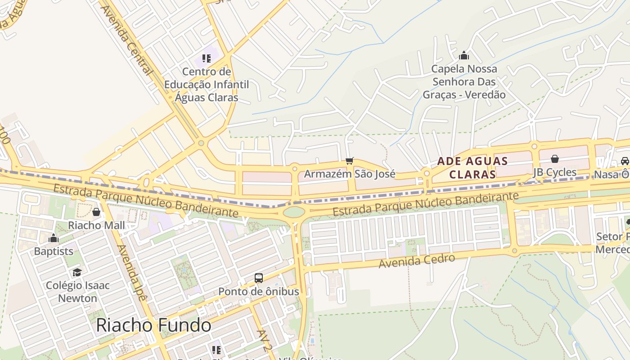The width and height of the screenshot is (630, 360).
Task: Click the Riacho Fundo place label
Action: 153,325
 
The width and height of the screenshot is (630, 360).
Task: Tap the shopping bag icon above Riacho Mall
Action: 96,212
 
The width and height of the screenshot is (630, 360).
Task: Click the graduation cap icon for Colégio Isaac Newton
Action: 77,272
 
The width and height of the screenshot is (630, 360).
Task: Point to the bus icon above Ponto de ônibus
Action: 259,278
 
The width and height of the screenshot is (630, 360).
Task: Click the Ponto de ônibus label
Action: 258,292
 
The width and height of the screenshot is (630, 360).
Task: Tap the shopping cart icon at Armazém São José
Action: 350,161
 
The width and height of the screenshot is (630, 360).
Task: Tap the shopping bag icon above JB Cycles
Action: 555,159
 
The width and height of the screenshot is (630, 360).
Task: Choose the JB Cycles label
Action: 554,172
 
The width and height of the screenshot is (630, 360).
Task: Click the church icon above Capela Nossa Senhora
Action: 464,55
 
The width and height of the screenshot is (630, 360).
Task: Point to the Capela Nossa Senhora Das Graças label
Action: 464,82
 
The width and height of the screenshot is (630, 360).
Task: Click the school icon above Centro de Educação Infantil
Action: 207,58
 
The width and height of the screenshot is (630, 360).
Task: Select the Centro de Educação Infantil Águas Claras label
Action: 207,85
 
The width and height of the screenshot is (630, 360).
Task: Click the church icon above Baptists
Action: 54,238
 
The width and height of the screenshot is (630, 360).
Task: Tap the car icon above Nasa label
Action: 625,161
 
